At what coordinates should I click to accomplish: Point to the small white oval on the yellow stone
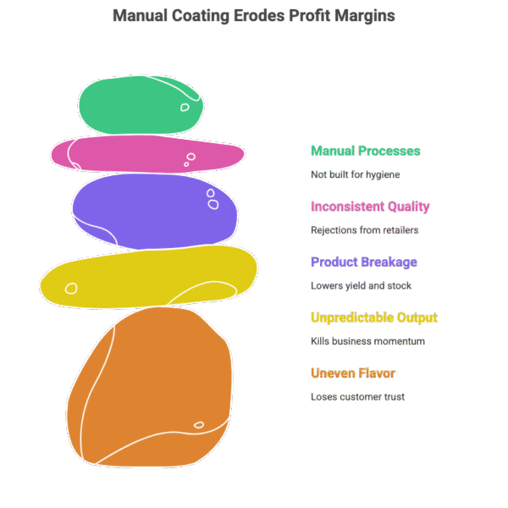tap(71, 288)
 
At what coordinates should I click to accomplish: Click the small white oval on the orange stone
tap(199, 425)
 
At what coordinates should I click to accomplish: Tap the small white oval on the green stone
tap(185, 108)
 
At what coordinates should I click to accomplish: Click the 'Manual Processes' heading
tap(365, 152)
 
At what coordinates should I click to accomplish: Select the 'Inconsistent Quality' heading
tap(370, 207)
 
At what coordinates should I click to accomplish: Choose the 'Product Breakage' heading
tap(364, 262)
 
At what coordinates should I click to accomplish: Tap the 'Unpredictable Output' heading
tap(373, 318)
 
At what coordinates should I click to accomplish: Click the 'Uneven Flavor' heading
tap(353, 373)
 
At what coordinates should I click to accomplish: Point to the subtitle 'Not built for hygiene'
tap(355, 174)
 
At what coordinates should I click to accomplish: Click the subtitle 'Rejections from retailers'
tap(364, 229)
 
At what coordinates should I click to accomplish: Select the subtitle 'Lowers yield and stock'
tap(361, 285)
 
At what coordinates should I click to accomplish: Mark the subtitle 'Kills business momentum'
tap(367, 341)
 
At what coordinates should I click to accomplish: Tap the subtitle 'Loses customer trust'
tap(357, 396)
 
